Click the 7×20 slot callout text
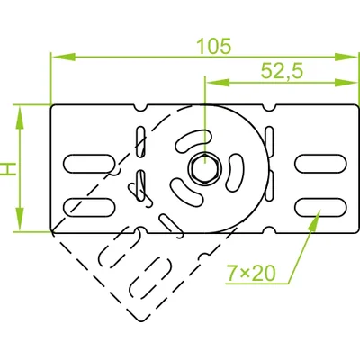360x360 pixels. point(250,272)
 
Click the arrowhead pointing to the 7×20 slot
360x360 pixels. point(317,216)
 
